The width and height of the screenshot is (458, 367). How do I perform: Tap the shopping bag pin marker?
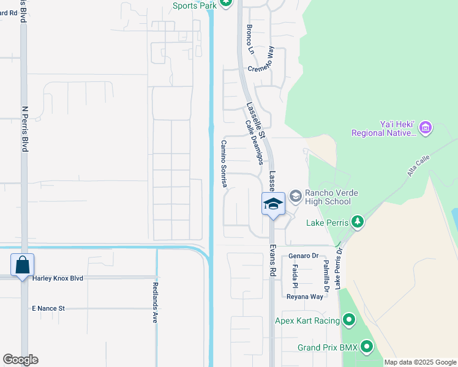coord(23,266)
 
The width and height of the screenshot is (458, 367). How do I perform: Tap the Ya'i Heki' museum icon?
coord(426,128)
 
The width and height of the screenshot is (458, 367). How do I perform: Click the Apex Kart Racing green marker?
coord(349,320)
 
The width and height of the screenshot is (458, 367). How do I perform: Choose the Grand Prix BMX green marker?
coord(367,347)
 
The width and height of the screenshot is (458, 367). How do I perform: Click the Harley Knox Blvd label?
coord(58,278)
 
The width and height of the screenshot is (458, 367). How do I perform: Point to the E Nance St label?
coord(48,308)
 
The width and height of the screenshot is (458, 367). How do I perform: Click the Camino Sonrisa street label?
coord(224,163)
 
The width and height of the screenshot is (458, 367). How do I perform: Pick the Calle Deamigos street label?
coord(254,142)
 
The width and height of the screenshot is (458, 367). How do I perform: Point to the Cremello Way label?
coord(270,60)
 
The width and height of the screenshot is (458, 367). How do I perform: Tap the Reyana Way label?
coord(304,297)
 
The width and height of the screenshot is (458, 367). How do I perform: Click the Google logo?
coord(20,360)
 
